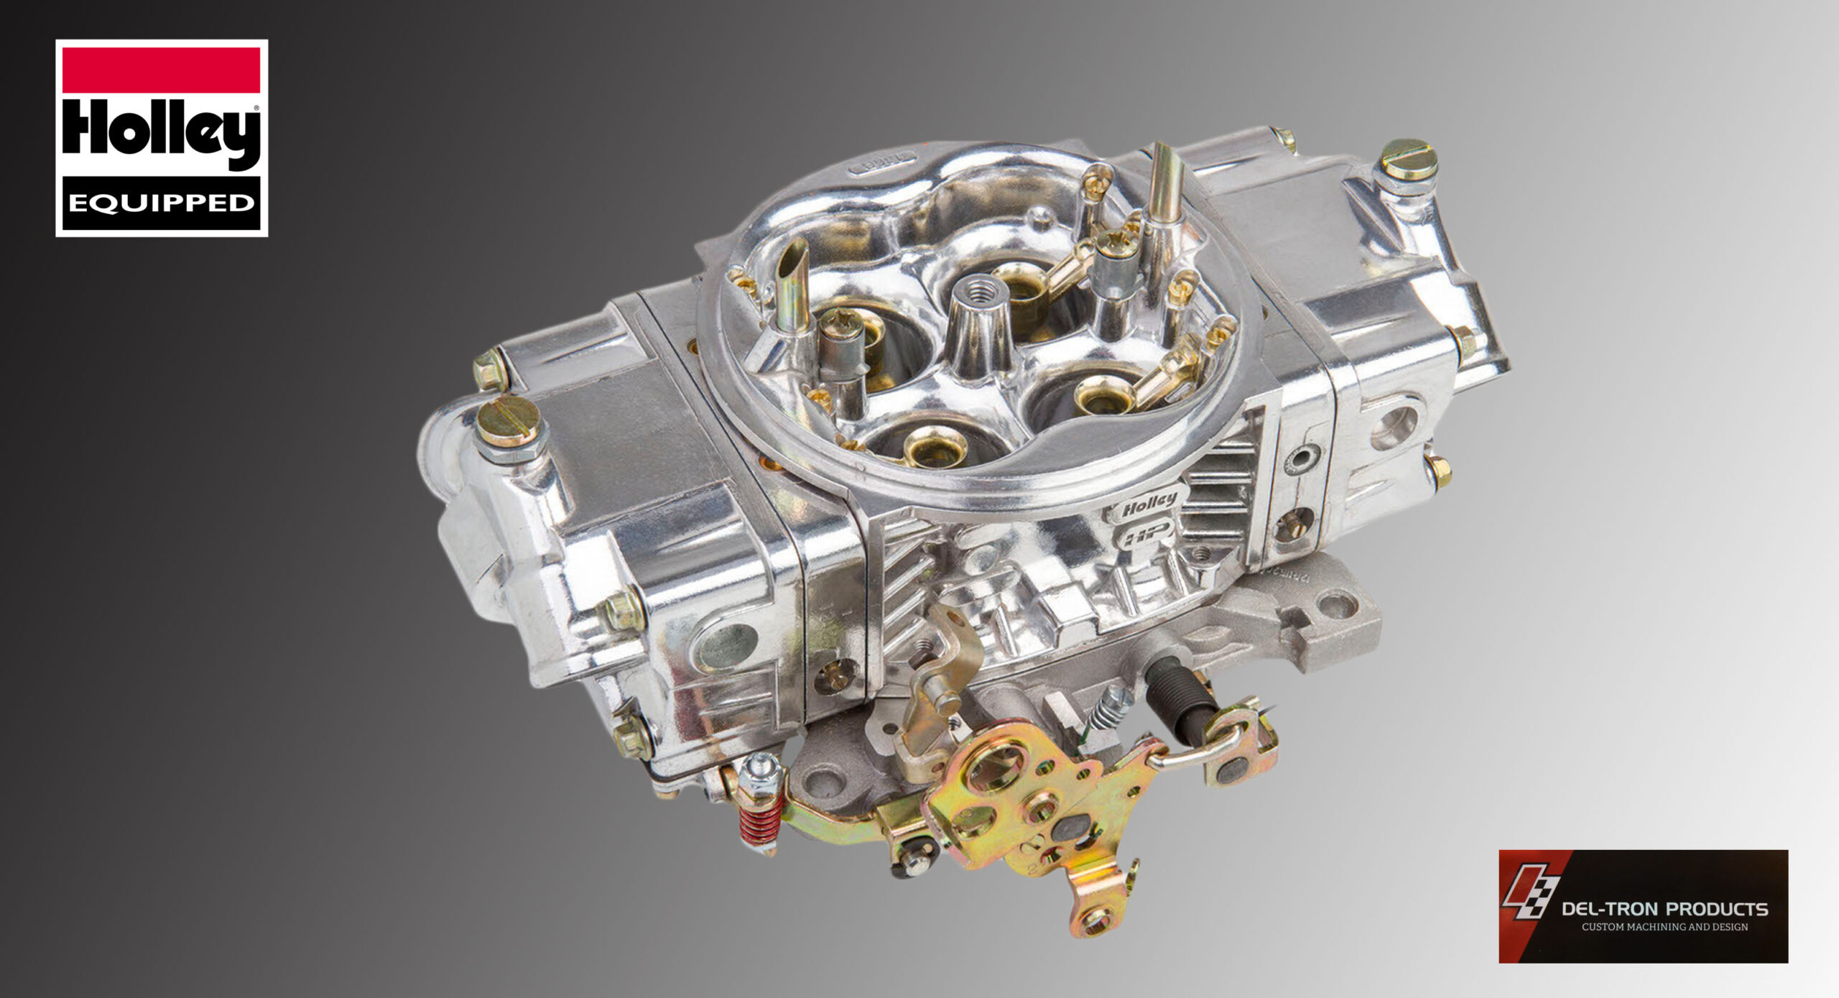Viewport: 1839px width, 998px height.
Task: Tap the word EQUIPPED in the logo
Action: point(162,203)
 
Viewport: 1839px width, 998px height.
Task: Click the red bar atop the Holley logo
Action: point(162,70)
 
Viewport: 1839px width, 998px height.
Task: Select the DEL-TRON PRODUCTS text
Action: point(1664,910)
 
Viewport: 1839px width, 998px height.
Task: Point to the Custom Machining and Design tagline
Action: point(1664,928)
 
